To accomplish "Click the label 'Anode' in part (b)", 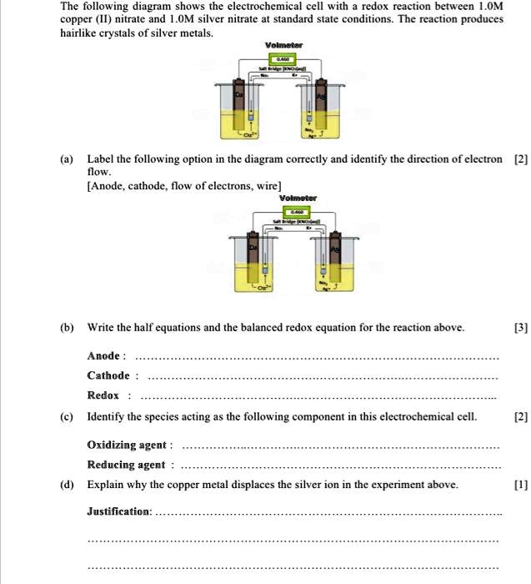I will point(106,355).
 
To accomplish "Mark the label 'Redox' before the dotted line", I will point(103,395).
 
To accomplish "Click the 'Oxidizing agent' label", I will point(129,445).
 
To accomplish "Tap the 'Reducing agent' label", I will point(128,465).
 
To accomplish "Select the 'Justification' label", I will point(119,510).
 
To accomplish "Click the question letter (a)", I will point(66,159).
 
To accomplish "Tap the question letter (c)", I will point(66,417).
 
